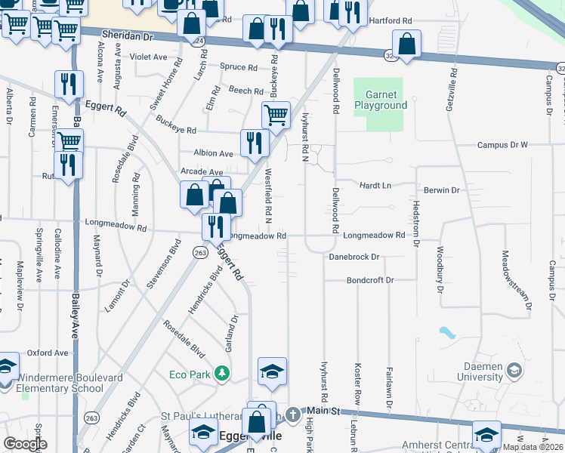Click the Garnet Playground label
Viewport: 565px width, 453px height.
(x=386, y=100)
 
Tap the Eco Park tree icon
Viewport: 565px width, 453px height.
(x=221, y=373)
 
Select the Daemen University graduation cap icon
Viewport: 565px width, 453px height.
(x=514, y=371)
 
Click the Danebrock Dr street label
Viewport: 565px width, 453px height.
(x=354, y=257)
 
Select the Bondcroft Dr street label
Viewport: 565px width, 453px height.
(x=370, y=280)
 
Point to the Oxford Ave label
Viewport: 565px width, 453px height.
(x=48, y=353)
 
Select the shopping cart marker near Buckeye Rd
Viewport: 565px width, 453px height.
(x=276, y=116)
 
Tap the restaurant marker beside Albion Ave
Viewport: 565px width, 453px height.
(x=255, y=142)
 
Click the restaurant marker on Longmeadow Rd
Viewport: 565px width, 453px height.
(x=216, y=226)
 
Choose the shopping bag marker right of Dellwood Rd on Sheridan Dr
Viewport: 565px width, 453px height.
(x=407, y=45)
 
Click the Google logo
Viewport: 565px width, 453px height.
(x=25, y=444)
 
